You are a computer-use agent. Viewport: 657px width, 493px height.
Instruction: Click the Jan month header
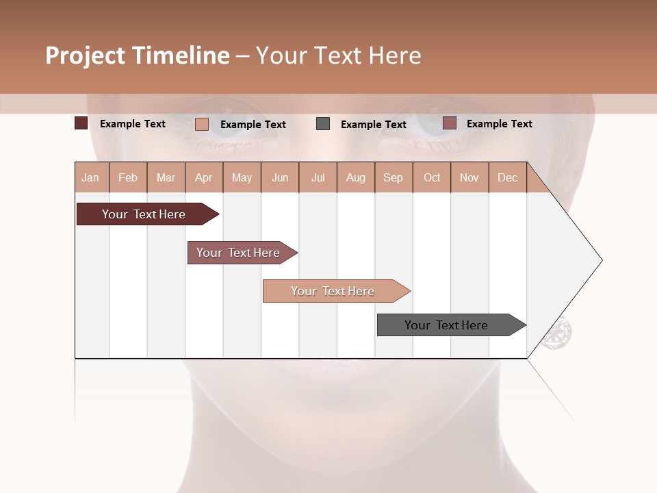pos(91,177)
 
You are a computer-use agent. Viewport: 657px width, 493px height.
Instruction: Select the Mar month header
pos(166,177)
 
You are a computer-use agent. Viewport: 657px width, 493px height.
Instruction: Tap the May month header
pos(242,177)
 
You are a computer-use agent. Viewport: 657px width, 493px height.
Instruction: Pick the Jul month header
pos(318,177)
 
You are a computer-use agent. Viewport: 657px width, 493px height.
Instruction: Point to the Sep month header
pos(394,177)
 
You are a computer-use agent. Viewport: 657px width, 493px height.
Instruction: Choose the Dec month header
pos(507,177)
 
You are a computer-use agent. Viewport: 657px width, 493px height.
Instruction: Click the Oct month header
pos(432,177)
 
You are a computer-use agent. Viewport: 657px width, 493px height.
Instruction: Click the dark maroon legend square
pos(81,123)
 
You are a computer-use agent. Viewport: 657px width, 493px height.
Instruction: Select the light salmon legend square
pos(201,124)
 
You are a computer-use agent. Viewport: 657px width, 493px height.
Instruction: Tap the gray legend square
pos(323,123)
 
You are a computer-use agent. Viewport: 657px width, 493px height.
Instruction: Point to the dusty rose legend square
pos(449,123)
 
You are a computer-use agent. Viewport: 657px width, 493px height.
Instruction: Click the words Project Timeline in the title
pos(137,55)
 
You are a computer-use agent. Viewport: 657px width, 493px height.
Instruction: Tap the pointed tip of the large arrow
pos(600,260)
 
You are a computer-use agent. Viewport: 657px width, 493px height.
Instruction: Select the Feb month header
pos(128,177)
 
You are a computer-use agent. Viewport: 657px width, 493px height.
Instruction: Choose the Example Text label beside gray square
pos(373,124)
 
